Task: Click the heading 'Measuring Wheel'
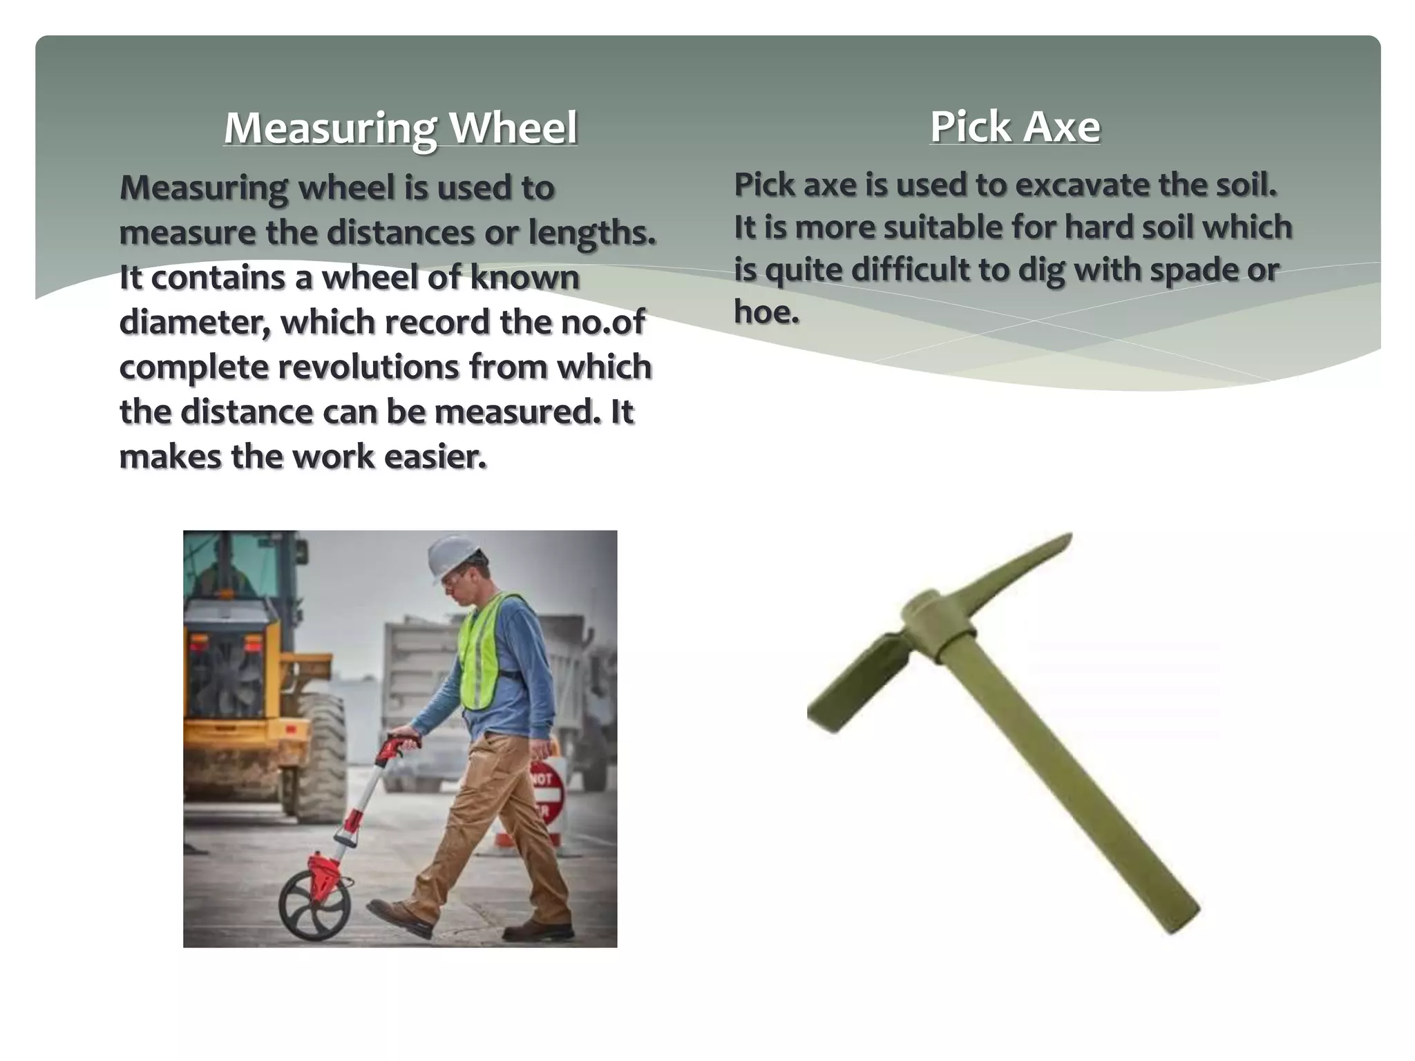(400, 128)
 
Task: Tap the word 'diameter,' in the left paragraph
(195, 323)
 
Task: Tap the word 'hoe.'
(766, 312)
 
